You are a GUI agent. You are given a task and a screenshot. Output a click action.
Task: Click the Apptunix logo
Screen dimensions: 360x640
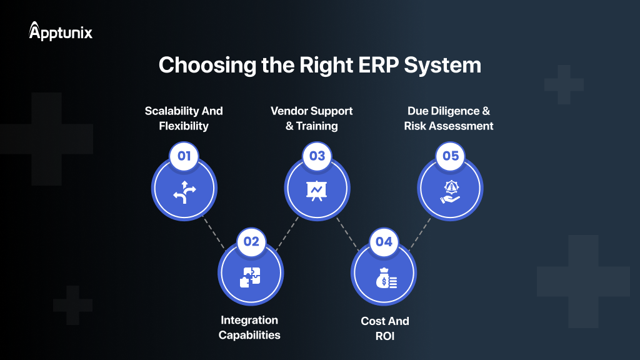coord(61,31)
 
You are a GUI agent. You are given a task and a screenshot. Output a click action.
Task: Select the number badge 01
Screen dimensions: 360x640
coord(184,156)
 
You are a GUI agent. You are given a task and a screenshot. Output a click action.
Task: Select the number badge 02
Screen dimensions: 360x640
coord(251,242)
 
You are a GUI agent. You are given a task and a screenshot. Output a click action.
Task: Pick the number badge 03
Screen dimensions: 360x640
coord(317,156)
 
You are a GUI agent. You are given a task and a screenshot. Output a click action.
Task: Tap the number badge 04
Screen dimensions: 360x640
coord(384,242)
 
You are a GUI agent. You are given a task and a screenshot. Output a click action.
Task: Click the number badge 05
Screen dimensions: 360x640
coord(451,156)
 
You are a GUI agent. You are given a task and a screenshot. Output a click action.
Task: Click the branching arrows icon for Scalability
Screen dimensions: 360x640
coord(184,192)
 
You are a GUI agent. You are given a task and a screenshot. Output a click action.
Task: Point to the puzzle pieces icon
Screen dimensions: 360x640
coord(251,277)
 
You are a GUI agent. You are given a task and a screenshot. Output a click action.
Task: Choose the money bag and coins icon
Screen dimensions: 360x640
coord(384,277)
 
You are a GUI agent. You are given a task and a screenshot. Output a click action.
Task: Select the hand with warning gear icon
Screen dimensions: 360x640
coord(450,191)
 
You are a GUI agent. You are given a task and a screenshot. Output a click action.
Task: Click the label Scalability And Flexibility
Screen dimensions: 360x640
coord(184,118)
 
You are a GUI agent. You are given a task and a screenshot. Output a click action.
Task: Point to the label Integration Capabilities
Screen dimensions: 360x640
coord(249,327)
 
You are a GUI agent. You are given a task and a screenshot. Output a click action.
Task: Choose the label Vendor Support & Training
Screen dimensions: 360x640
coord(311,118)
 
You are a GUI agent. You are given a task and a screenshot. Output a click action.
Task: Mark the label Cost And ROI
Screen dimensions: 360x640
coord(385,328)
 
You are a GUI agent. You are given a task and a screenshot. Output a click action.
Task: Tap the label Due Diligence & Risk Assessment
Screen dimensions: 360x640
coord(449,118)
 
